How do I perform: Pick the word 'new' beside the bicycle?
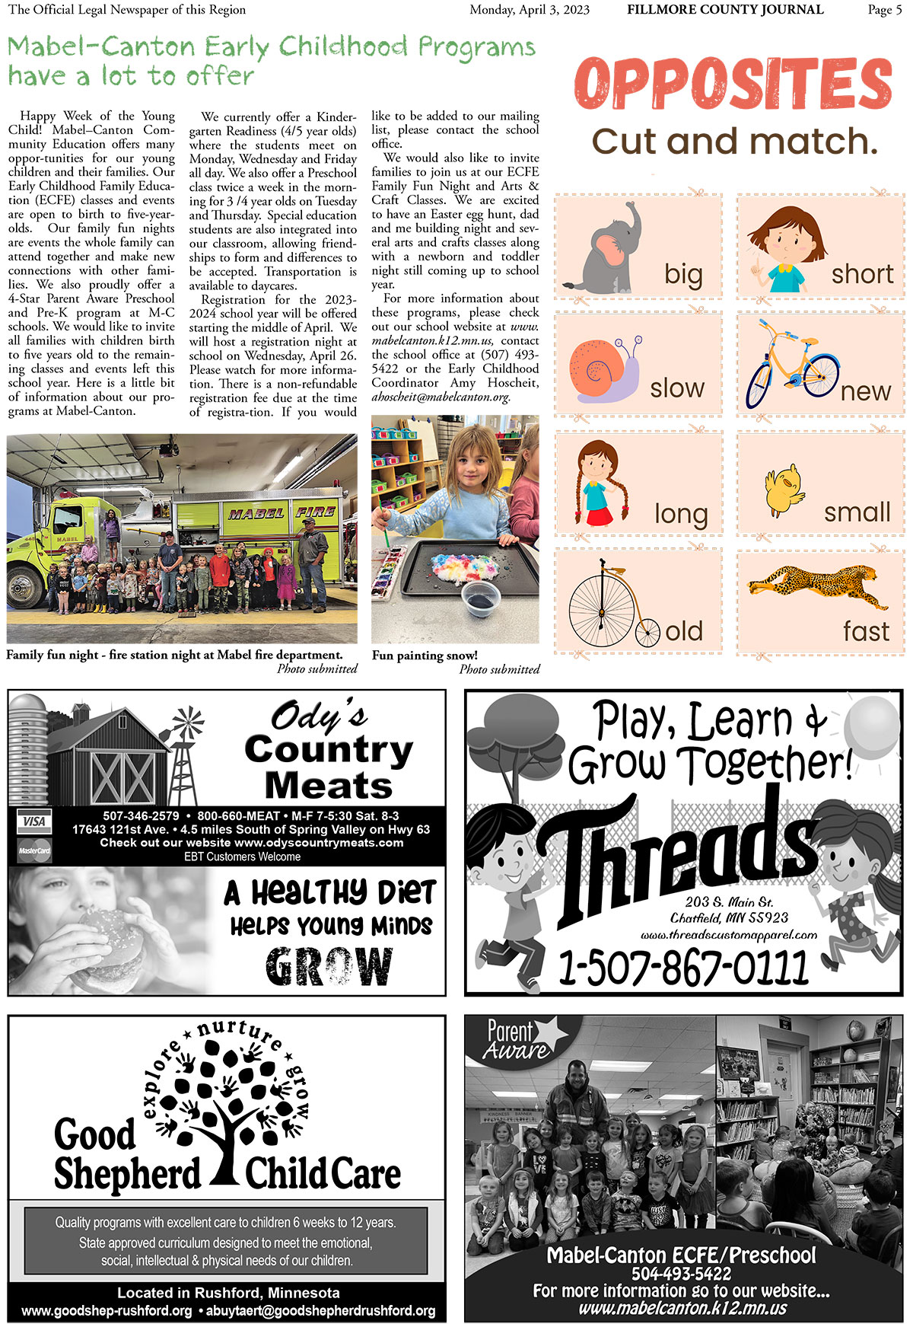pyautogui.click(x=865, y=391)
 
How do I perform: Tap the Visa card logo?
pyautogui.click(x=33, y=822)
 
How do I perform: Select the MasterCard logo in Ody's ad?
pyautogui.click(x=33, y=850)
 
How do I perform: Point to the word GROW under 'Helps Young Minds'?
pyautogui.click(x=329, y=966)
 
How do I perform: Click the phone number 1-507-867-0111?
pyautogui.click(x=682, y=967)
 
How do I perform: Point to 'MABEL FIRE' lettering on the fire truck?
pyautogui.click(x=282, y=513)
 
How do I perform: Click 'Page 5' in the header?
pyautogui.click(x=884, y=10)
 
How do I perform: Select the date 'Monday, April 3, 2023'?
pyautogui.click(x=529, y=10)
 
